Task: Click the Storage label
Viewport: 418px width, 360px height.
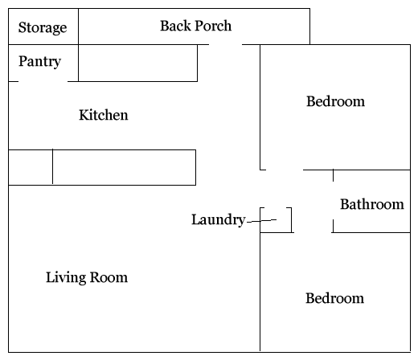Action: point(43,28)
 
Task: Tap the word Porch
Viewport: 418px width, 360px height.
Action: point(213,26)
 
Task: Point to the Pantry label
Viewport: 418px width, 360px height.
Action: point(39,62)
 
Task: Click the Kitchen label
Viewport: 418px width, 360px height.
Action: point(104,115)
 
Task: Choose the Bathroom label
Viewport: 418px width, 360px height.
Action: point(372,204)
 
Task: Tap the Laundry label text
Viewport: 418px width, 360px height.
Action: point(219,219)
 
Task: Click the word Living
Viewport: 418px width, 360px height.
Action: point(66,277)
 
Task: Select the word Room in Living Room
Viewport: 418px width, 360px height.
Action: point(109,277)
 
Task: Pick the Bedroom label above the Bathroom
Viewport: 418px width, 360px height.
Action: point(335,101)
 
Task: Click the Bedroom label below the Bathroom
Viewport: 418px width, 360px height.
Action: point(334,298)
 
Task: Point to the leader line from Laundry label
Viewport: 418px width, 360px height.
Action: point(261,221)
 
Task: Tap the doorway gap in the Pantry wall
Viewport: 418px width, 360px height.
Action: point(43,81)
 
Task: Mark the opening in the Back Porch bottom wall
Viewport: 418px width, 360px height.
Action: point(225,44)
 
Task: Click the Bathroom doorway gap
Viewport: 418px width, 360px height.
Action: point(333,200)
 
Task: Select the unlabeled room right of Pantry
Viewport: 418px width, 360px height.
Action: point(137,63)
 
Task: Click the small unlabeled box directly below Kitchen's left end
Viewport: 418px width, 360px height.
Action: point(31,167)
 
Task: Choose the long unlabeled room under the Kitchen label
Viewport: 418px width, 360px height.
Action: point(124,167)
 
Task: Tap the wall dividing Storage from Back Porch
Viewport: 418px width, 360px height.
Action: point(78,27)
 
